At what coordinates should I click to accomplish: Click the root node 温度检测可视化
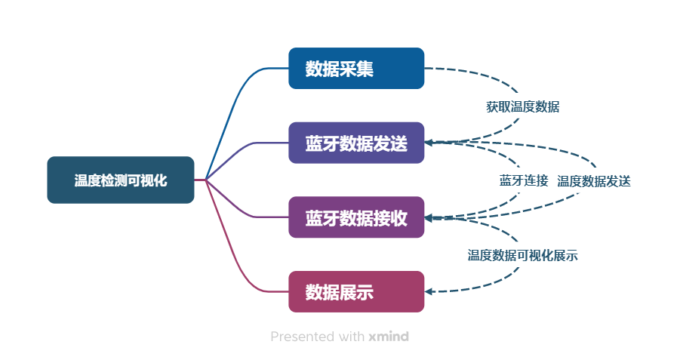tap(121, 180)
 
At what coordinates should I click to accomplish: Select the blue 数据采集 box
tap(356, 69)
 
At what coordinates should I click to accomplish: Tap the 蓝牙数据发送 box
tap(356, 143)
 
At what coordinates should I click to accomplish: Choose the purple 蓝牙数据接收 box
tap(356, 217)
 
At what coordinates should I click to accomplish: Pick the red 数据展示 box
tap(356, 292)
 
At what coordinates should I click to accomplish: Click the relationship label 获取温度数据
tap(522, 106)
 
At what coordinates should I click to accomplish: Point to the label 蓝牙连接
tap(524, 180)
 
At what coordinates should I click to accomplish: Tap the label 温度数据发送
tap(594, 181)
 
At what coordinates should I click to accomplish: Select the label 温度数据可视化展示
tap(522, 255)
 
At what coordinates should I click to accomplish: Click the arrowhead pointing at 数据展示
tap(428, 292)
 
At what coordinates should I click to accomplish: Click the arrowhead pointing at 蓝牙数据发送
tap(428, 143)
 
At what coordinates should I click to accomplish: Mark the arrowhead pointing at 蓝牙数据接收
tap(428, 217)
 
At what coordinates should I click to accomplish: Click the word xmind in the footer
tap(389, 337)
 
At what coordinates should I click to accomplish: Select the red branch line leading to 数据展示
tap(237, 257)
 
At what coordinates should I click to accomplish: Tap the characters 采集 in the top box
tap(356, 69)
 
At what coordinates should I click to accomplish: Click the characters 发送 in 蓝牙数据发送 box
tap(390, 143)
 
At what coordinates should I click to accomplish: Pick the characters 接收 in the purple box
tap(390, 217)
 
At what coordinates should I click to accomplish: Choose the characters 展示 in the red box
tap(356, 292)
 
